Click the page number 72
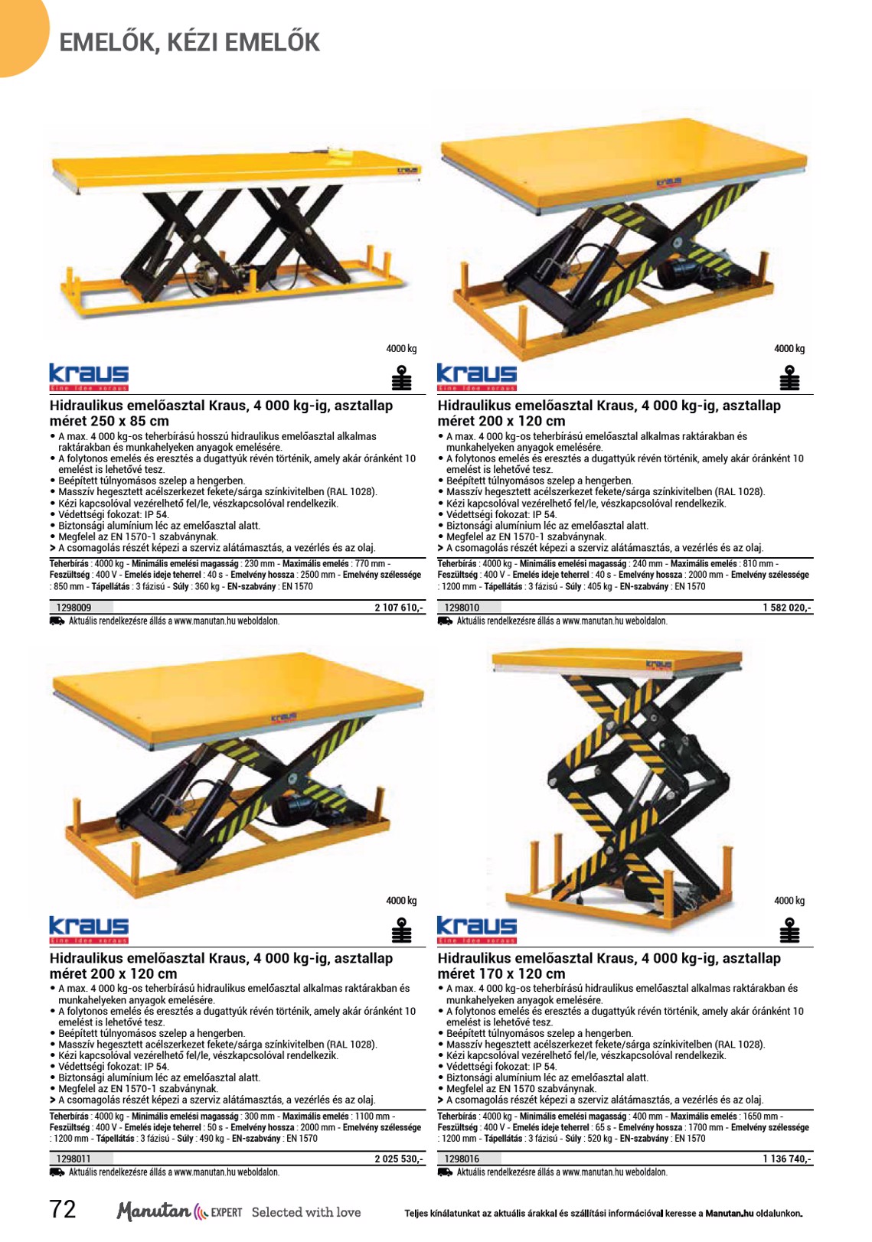(x=63, y=1209)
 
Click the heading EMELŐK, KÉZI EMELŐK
(x=189, y=43)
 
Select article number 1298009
(x=73, y=607)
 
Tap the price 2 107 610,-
(x=399, y=607)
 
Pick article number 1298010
(x=462, y=607)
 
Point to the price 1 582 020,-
(x=787, y=607)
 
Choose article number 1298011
(x=73, y=1159)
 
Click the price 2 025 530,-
(x=399, y=1159)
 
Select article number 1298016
(x=462, y=1159)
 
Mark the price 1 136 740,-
(x=787, y=1159)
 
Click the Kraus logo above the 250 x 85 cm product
(x=89, y=377)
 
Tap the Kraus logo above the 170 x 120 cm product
(x=476, y=929)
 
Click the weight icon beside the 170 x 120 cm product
(x=789, y=930)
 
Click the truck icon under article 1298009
(x=57, y=621)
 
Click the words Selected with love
(x=306, y=1212)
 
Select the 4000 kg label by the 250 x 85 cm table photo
(x=401, y=348)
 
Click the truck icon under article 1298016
(x=445, y=1172)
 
